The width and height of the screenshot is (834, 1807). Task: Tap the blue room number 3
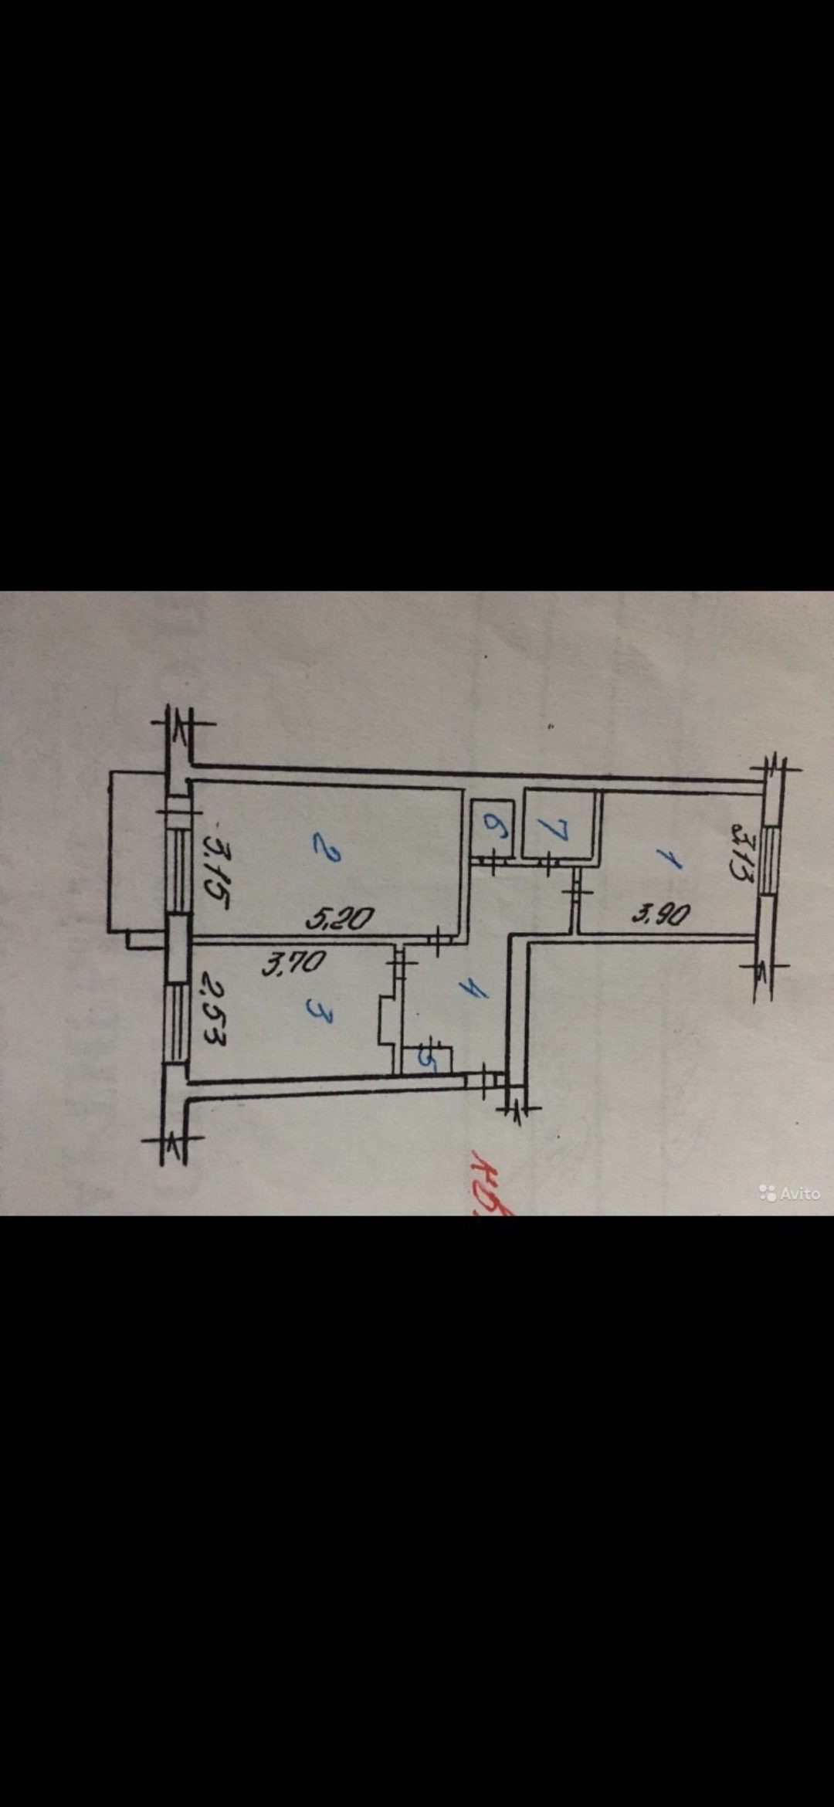click(319, 1011)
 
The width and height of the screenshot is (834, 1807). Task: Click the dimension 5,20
click(339, 918)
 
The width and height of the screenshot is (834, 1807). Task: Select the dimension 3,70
click(294, 963)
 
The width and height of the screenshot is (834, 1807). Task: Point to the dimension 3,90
click(661, 915)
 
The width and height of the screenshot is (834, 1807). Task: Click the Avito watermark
click(789, 1193)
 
